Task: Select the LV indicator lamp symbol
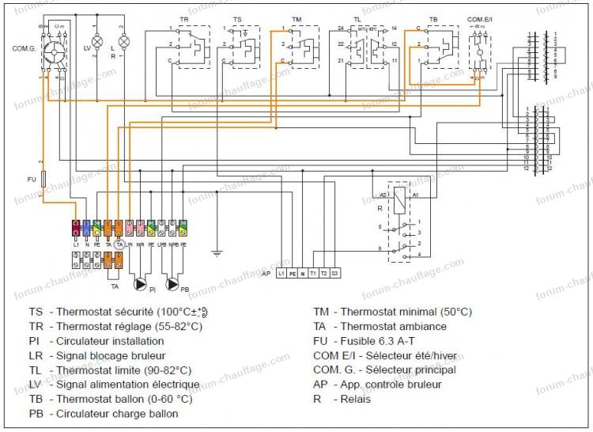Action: point(97,40)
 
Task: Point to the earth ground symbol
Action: point(216,255)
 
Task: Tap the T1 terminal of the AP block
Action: point(312,272)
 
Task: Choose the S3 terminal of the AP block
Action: point(334,272)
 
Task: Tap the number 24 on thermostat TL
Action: point(340,28)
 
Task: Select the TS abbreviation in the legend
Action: point(36,312)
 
